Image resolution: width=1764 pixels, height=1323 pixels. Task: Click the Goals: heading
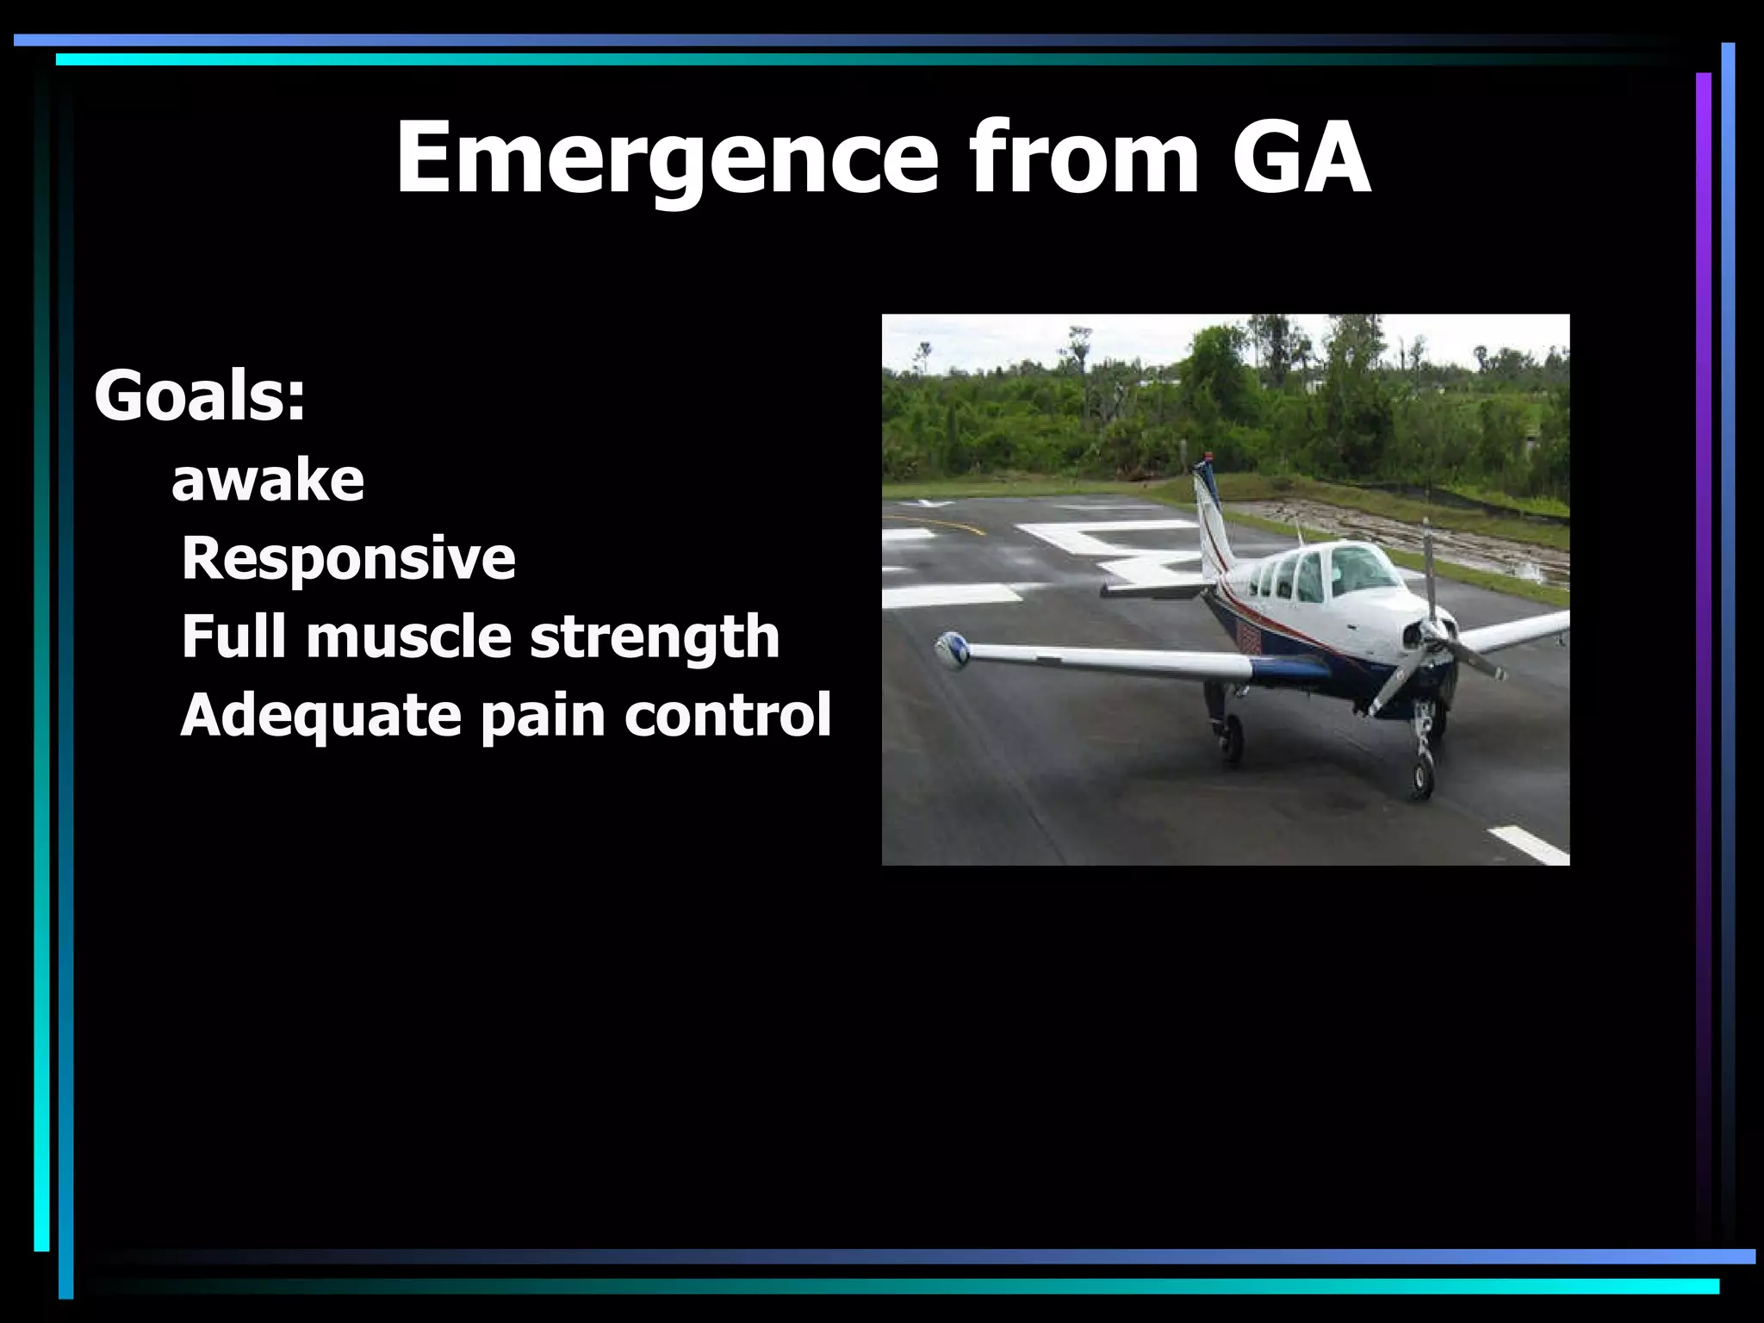click(200, 396)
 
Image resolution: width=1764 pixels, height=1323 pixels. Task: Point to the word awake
click(268, 480)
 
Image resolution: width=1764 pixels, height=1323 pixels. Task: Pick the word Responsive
click(348, 558)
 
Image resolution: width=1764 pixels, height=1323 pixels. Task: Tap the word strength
click(655, 638)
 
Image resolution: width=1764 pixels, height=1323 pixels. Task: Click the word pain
click(543, 715)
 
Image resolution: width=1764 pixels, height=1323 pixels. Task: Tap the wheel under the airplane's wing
click(1232, 738)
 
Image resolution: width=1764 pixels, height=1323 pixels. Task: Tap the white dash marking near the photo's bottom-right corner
click(1530, 843)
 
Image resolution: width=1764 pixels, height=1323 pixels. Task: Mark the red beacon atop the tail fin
click(1209, 456)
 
